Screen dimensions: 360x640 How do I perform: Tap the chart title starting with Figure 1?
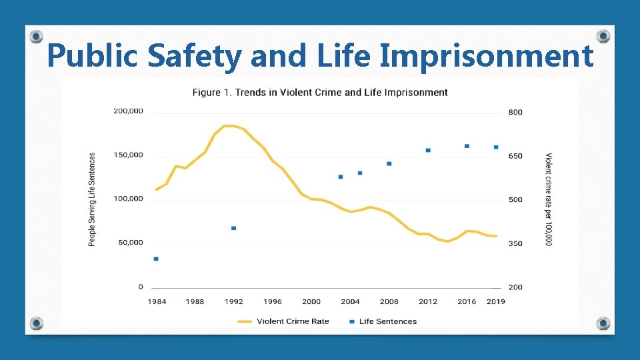(x=320, y=92)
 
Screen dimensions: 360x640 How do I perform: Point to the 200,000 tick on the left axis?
(x=128, y=111)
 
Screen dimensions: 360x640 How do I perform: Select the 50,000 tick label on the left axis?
(x=130, y=243)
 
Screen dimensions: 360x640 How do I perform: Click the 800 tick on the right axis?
(x=515, y=112)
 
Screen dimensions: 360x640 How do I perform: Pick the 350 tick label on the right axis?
(x=515, y=244)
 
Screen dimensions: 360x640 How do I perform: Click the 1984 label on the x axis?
(x=157, y=301)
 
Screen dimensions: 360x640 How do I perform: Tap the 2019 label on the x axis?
(x=495, y=301)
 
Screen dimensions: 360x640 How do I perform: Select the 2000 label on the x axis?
(x=311, y=301)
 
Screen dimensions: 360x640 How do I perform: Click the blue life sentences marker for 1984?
(x=156, y=259)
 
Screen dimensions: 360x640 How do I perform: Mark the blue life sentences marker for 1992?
(x=233, y=228)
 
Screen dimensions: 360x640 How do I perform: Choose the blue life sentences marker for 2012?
(x=428, y=150)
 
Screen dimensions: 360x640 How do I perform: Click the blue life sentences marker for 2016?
(x=467, y=146)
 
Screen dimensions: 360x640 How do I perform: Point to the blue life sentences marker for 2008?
(x=389, y=163)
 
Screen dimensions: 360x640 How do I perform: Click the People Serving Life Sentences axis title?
(x=92, y=199)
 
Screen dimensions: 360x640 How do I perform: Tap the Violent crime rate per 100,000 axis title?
(x=549, y=199)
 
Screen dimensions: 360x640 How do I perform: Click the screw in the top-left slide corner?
(x=37, y=36)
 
